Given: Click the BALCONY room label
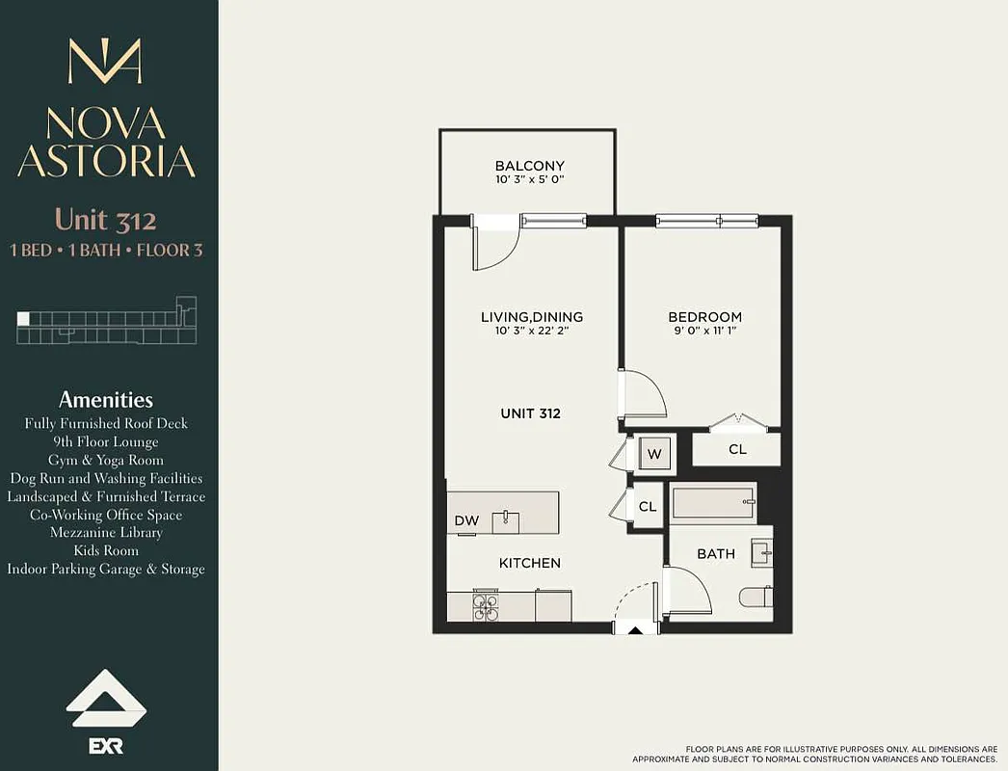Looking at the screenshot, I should pyautogui.click(x=529, y=166).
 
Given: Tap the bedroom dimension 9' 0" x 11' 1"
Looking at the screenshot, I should pyautogui.click(x=705, y=332).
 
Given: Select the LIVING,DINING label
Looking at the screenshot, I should pyautogui.click(x=532, y=317).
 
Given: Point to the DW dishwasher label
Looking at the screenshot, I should pyautogui.click(x=466, y=521).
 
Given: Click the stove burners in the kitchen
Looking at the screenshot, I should pyautogui.click(x=485, y=607).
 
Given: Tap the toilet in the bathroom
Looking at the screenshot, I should pyautogui.click(x=756, y=598).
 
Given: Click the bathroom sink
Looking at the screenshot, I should pyautogui.click(x=761, y=551).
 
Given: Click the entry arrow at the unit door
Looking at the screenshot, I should pyautogui.click(x=635, y=630).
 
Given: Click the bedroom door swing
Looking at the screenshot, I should pyautogui.click(x=642, y=394).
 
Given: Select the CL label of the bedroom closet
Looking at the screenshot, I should pyautogui.click(x=736, y=449).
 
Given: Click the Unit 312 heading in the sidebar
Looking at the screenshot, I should pyautogui.click(x=105, y=220).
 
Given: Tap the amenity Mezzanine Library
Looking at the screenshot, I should pyautogui.click(x=106, y=533).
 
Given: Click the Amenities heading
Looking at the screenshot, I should pyautogui.click(x=106, y=399).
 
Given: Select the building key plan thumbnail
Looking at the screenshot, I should pyautogui.click(x=106, y=320).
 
